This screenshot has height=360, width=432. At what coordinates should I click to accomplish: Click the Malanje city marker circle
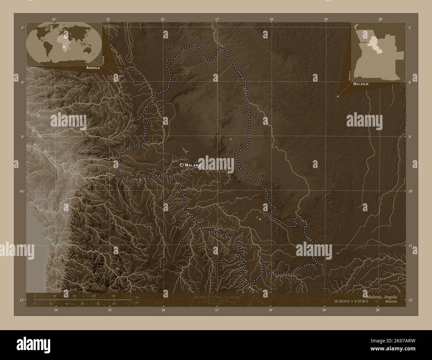tap(181, 165)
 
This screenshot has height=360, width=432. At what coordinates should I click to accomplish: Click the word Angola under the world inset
tap(93, 67)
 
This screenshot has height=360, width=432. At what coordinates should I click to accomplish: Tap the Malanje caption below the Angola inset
tap(361, 84)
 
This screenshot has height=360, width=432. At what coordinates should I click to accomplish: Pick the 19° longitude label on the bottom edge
tap(324, 310)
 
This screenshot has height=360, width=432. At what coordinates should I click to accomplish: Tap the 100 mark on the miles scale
tap(114, 304)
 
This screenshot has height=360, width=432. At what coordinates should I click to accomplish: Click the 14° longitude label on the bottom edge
tap(56, 310)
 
